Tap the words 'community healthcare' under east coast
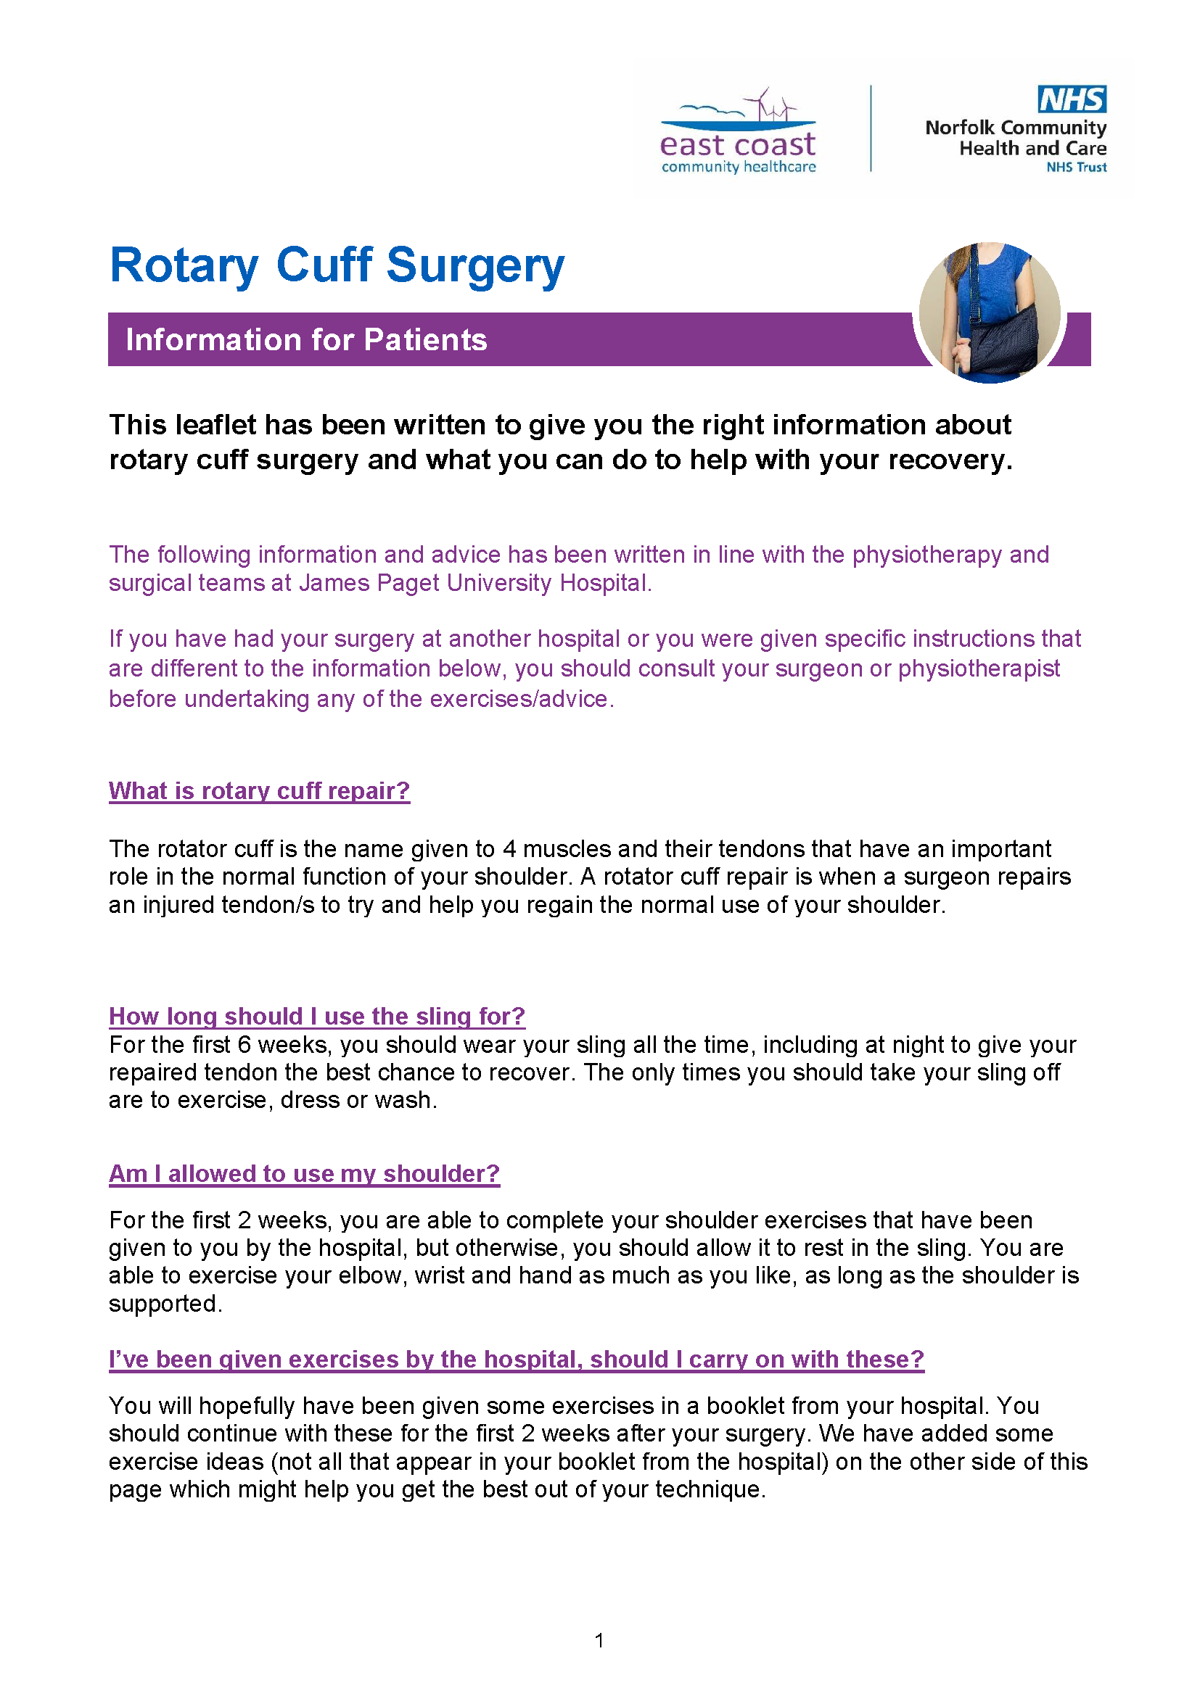pos(738,167)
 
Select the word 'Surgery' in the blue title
pos(475,266)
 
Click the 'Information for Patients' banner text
pos(306,340)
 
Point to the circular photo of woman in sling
pos(990,313)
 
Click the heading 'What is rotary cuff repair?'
pos(258,791)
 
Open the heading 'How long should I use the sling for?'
pos(316,1017)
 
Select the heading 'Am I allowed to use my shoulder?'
pos(304,1174)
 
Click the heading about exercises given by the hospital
pos(516,1359)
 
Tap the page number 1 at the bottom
pos(599,1641)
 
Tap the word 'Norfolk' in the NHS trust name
pos(959,128)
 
